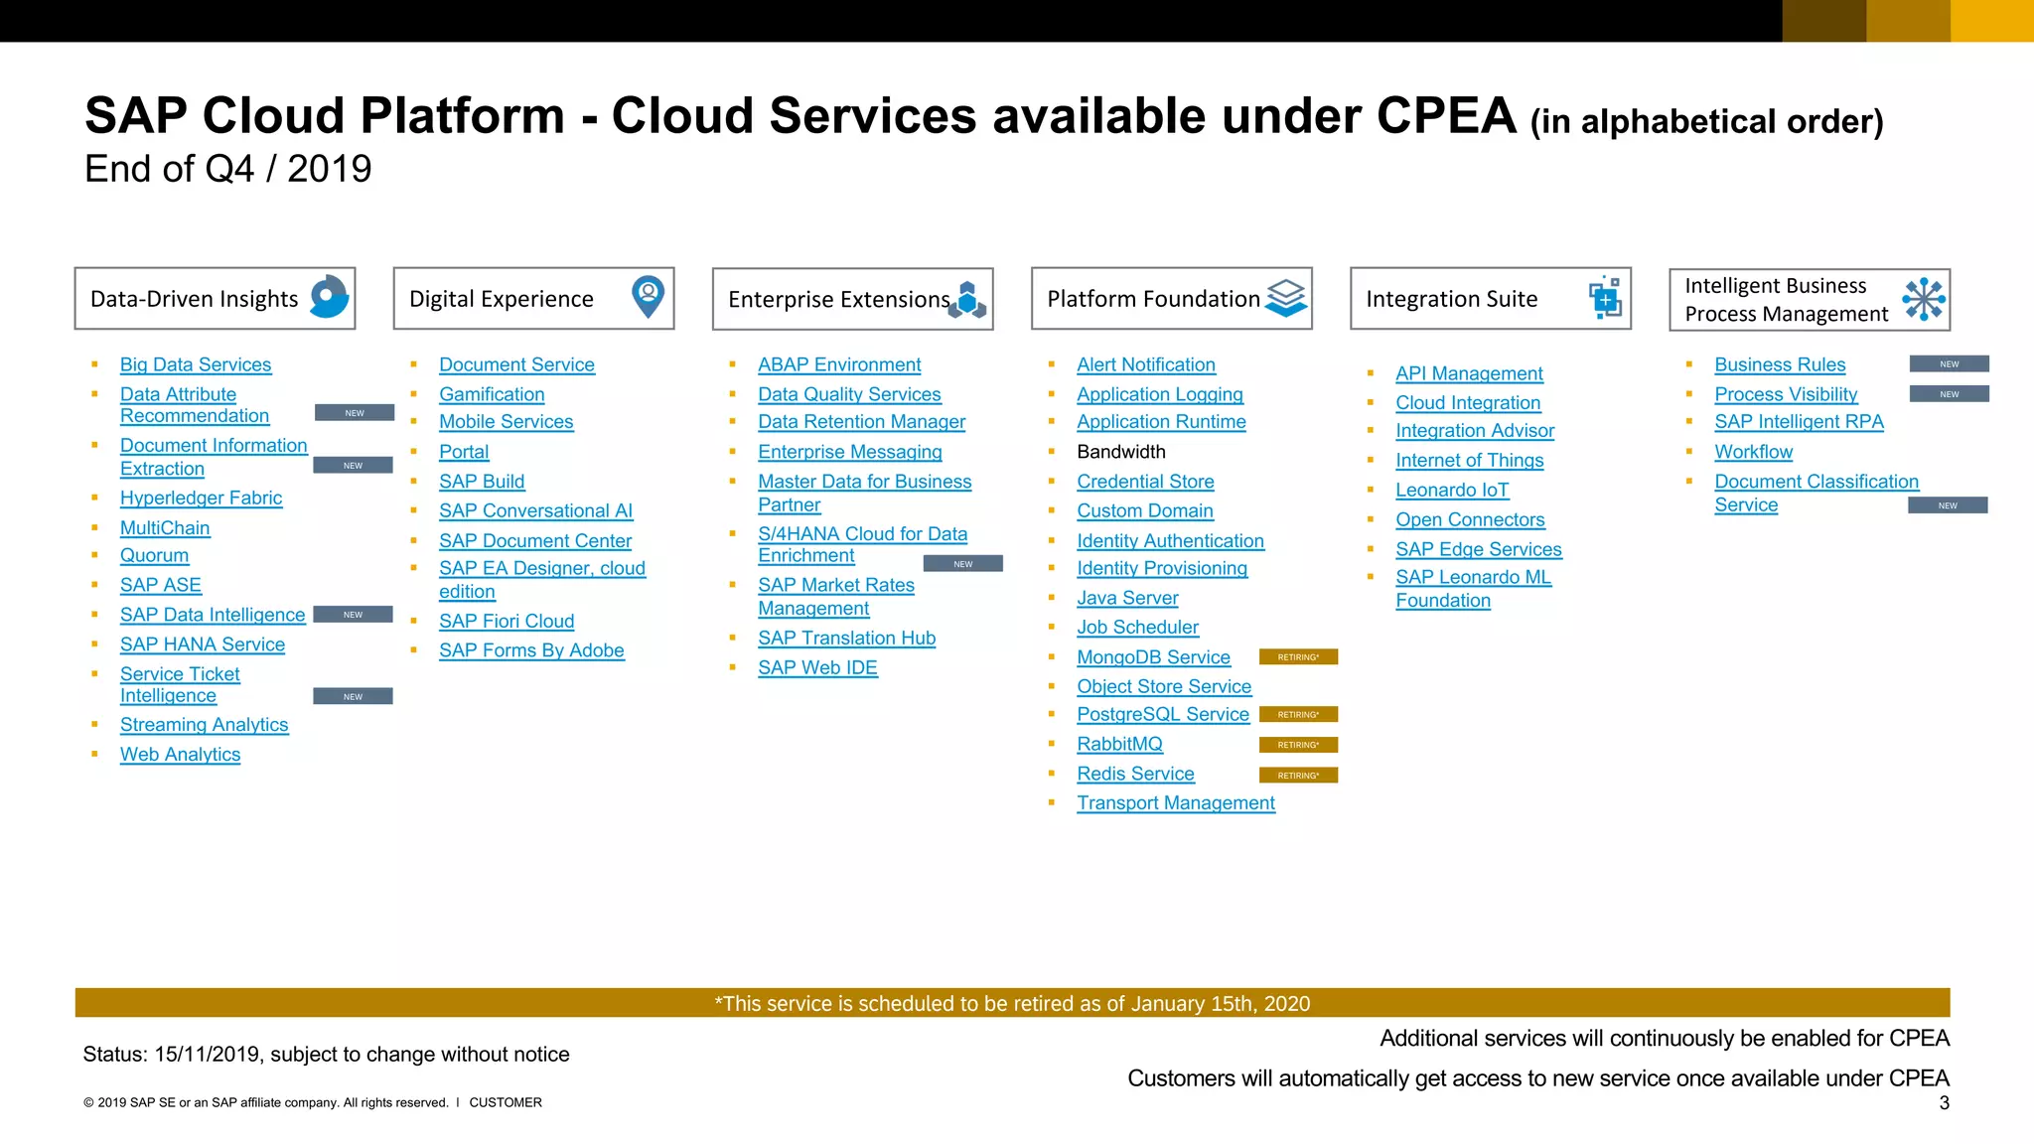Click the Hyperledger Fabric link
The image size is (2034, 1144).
[x=201, y=498]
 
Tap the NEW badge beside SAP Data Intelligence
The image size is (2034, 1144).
[x=353, y=615]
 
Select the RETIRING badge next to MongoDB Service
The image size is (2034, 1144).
[x=1297, y=657]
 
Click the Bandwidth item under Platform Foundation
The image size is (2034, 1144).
[x=1120, y=452]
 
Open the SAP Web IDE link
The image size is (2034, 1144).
[x=817, y=667]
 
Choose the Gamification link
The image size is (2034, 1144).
[x=492, y=394]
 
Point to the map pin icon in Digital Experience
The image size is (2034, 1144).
[x=648, y=297]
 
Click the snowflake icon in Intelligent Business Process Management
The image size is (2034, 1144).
[x=1924, y=299]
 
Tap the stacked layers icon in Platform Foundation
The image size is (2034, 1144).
[x=1286, y=298]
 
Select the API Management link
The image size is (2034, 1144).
[x=1469, y=373]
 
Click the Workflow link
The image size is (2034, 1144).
[x=1753, y=452]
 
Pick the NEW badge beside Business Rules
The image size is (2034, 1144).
[x=1949, y=364]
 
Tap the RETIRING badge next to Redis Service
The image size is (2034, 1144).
[x=1297, y=776]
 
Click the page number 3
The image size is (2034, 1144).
[x=1944, y=1103]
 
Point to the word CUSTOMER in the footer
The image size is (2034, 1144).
[x=506, y=1102]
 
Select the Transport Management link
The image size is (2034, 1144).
[x=1175, y=802]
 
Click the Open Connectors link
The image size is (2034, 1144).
[x=1470, y=519]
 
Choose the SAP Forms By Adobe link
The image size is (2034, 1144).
[x=531, y=650]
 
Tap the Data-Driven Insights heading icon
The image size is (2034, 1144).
[x=330, y=297]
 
